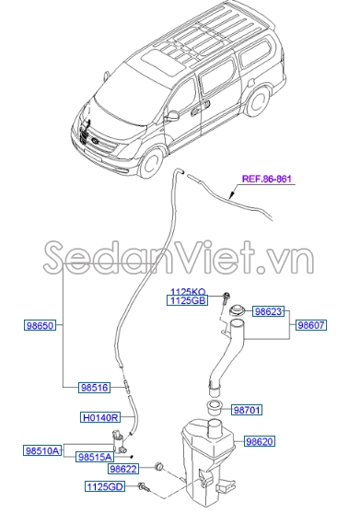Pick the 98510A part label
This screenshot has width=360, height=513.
41,450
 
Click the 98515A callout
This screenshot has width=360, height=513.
94,456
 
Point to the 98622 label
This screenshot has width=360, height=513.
122,469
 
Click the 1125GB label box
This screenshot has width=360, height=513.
185,300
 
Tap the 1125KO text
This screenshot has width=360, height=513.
185,291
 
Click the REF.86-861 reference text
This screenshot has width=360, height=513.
267,181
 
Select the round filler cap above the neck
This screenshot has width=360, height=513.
238,311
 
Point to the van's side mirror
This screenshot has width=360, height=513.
172,116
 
